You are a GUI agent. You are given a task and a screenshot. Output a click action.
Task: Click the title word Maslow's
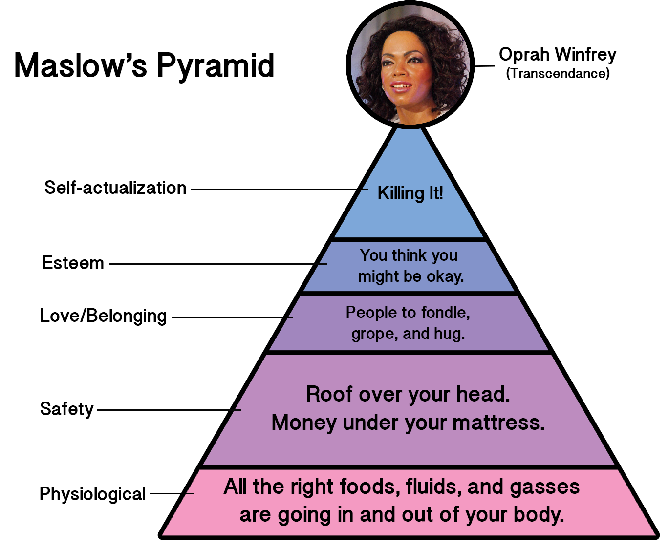tap(81, 65)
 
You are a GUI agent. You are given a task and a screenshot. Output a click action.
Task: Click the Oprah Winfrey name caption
tap(557, 54)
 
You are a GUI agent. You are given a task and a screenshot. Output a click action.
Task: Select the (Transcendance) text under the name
tap(558, 73)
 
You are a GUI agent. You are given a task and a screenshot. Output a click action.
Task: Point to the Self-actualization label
tap(115, 188)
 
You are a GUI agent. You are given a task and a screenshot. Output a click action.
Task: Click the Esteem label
tap(73, 263)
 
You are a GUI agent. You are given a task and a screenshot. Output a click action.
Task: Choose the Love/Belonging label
tap(103, 316)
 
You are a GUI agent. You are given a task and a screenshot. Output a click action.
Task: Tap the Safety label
tap(66, 409)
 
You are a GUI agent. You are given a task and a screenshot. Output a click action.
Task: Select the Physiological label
tap(92, 494)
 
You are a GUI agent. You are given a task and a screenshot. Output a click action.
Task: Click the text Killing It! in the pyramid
tap(410, 193)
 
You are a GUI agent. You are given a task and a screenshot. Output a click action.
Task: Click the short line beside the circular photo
tap(484, 66)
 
